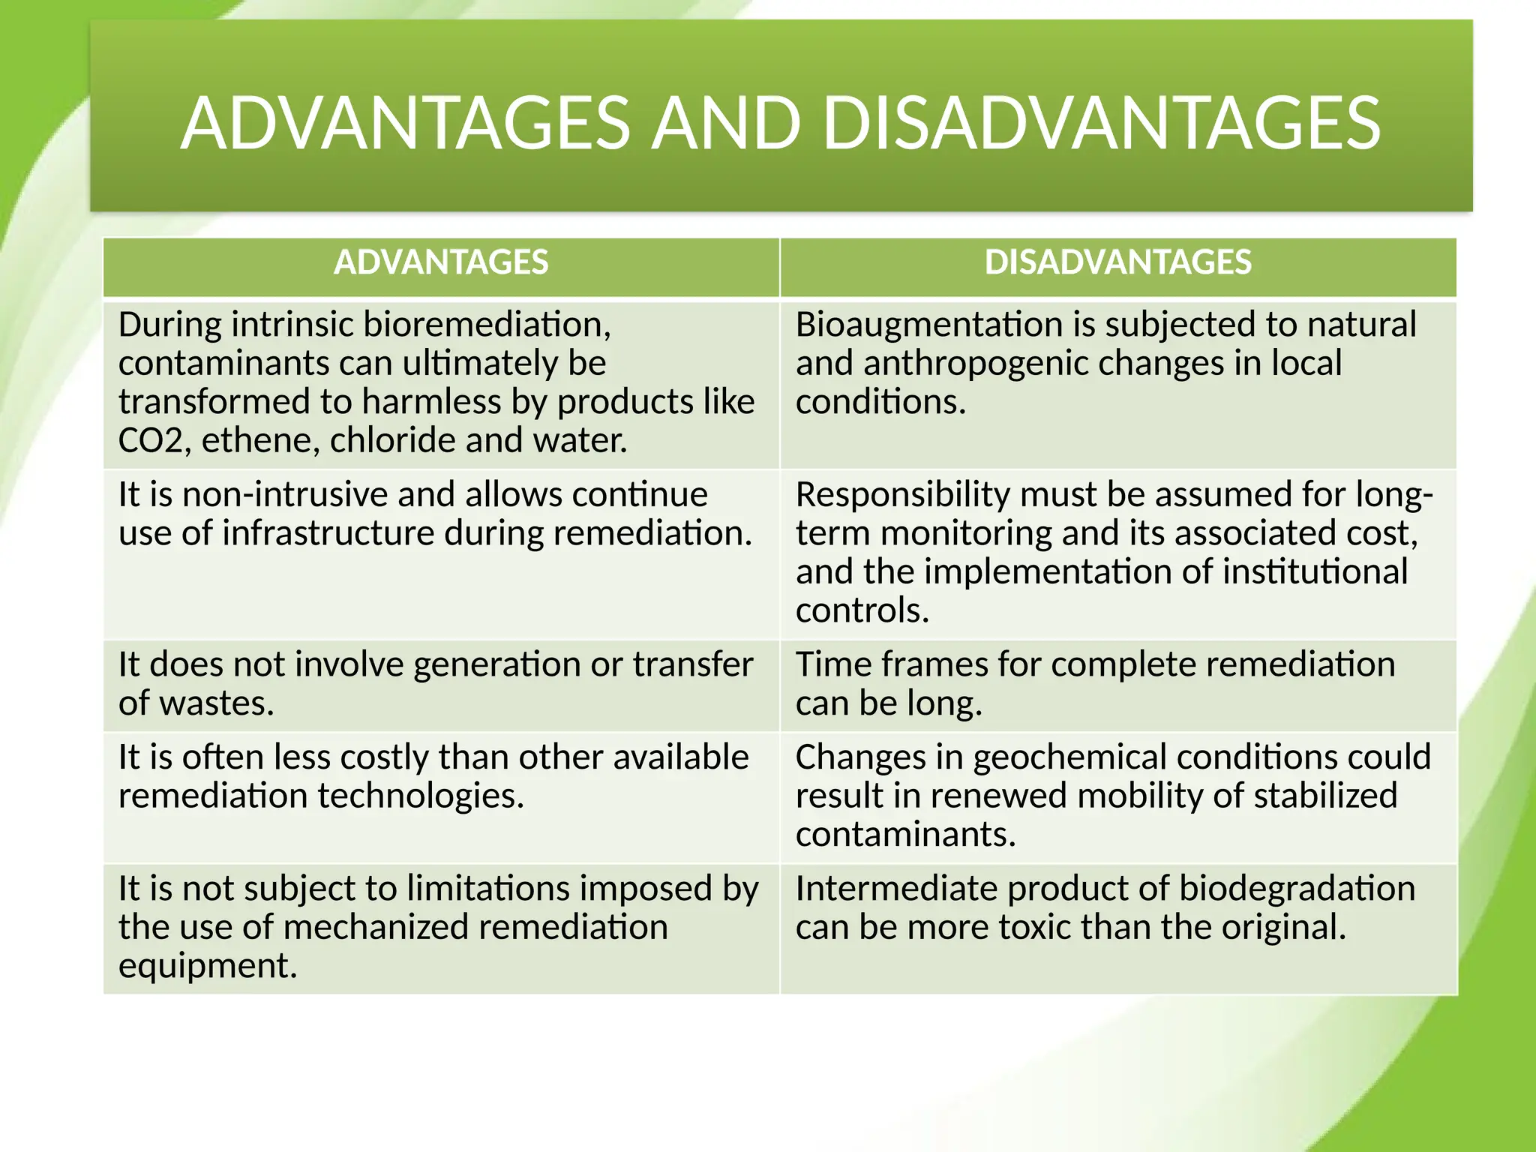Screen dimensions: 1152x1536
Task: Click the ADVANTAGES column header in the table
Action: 441,262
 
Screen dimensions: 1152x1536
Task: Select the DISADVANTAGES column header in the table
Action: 1117,262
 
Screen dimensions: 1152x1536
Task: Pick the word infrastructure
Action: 328,533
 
